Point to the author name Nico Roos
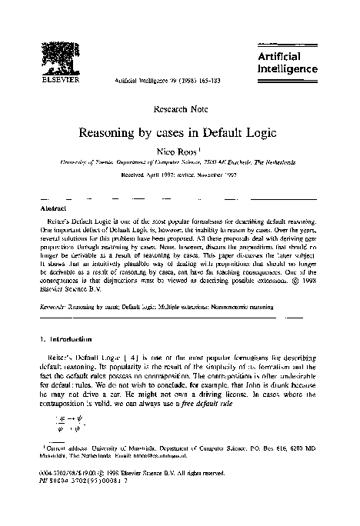pos(179,151)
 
